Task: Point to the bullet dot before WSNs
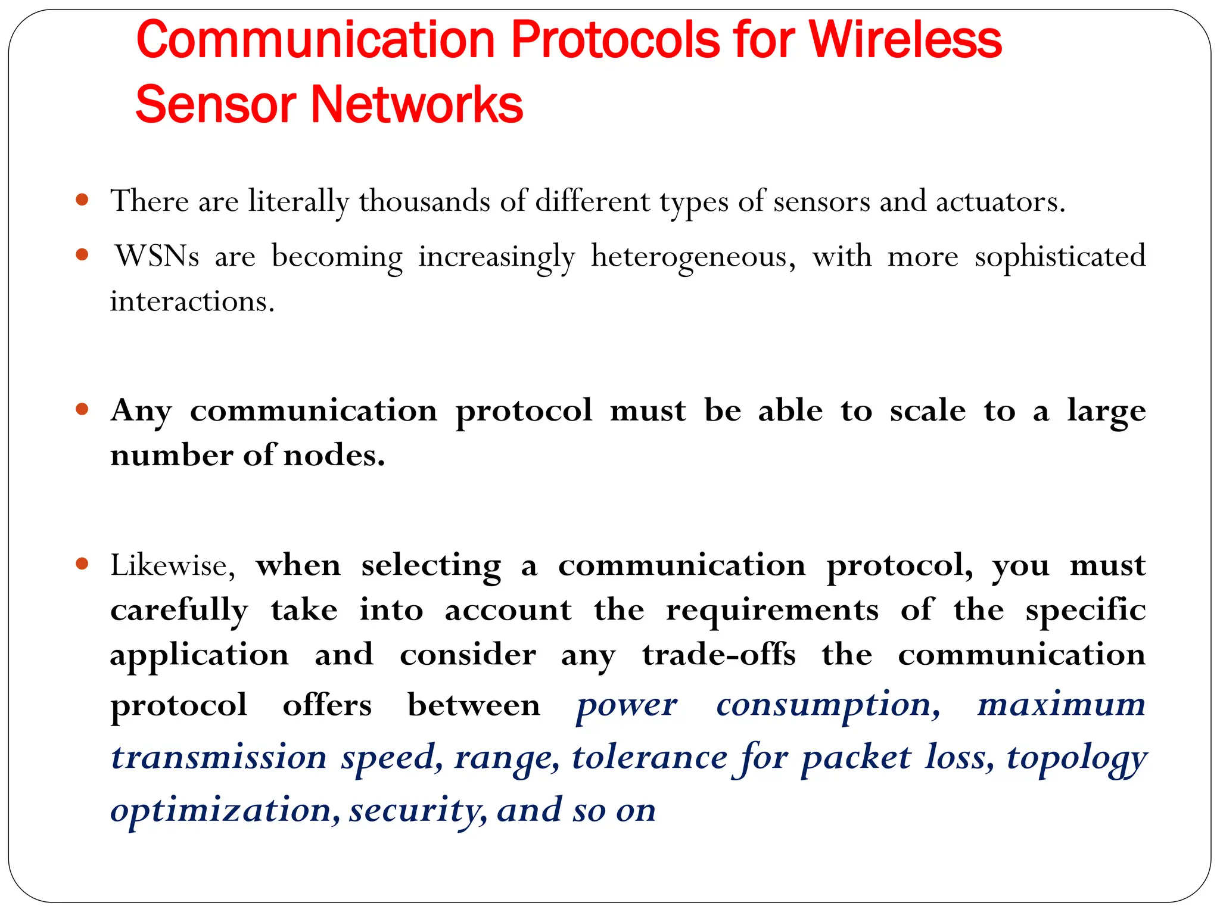pos(83,254)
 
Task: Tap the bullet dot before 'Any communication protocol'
pos(83,409)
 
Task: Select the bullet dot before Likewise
pos(83,563)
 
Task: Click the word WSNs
pos(157,256)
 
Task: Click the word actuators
pos(1000,201)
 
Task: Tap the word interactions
pos(192,301)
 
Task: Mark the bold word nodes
pos(334,456)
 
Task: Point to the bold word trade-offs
pos(718,655)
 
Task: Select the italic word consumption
pos(828,705)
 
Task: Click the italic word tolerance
pos(649,758)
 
